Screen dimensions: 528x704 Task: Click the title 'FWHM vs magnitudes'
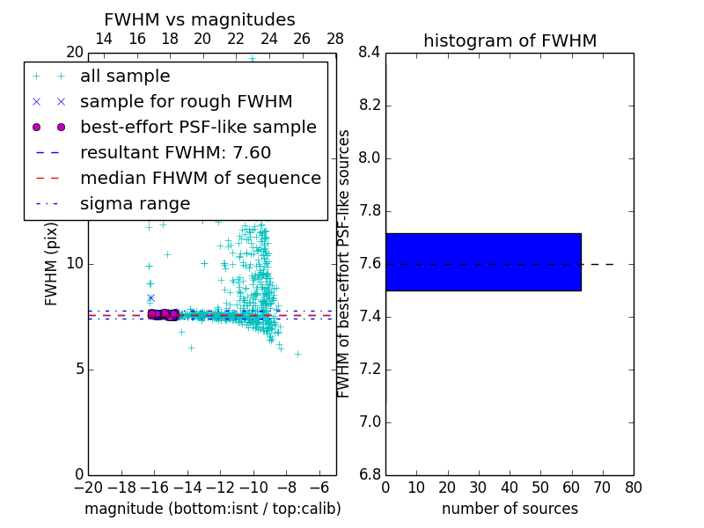click(x=199, y=19)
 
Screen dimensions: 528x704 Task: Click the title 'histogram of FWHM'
click(x=510, y=40)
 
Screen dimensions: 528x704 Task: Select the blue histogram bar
click(x=483, y=261)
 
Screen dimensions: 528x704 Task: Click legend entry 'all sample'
click(x=125, y=77)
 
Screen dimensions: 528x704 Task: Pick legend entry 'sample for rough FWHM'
click(x=186, y=101)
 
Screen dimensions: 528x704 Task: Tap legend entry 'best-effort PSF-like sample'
click(x=198, y=127)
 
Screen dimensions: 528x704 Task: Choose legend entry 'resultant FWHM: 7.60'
click(x=175, y=152)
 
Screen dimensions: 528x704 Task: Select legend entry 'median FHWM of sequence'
click(x=200, y=178)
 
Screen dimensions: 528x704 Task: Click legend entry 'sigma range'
click(x=135, y=203)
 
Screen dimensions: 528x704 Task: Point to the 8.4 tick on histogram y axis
click(x=369, y=53)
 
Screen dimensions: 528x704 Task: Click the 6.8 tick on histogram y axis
click(x=369, y=475)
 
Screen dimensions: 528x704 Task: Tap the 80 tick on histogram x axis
click(x=633, y=487)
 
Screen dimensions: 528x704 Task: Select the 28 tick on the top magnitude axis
click(x=335, y=39)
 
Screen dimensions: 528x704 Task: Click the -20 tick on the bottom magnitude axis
click(x=88, y=487)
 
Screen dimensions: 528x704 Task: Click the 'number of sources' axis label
click(x=510, y=509)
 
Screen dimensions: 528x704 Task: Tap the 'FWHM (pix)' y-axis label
click(x=52, y=264)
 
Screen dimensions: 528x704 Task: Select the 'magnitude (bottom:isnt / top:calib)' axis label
click(x=212, y=509)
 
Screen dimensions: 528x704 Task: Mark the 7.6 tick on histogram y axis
click(x=369, y=264)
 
